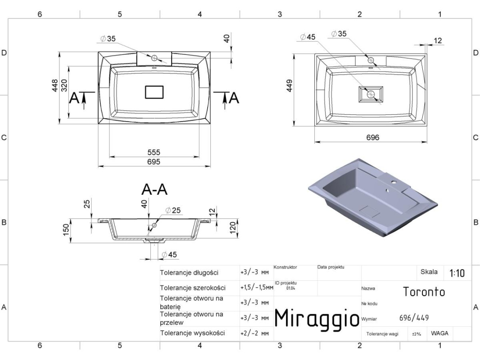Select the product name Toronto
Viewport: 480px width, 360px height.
(x=424, y=292)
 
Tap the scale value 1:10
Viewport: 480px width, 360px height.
(x=457, y=273)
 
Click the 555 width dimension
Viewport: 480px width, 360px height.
(x=154, y=152)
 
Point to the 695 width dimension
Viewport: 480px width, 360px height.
(x=154, y=162)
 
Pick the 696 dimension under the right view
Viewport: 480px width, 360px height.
(x=373, y=138)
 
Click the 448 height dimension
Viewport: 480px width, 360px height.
(x=55, y=85)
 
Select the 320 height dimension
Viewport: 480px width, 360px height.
(x=64, y=85)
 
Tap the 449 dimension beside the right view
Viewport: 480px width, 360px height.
(x=289, y=85)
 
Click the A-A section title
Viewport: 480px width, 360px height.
(x=154, y=189)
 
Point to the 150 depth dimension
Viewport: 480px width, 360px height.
(x=66, y=230)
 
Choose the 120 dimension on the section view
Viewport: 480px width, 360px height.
(x=233, y=228)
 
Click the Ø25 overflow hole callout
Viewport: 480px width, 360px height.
(x=173, y=211)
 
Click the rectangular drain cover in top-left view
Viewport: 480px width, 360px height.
(x=154, y=92)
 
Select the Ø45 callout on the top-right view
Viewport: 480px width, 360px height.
(x=308, y=37)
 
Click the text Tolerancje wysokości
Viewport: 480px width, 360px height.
(x=193, y=333)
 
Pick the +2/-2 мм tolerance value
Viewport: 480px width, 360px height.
(x=254, y=333)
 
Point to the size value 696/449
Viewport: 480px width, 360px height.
(x=414, y=318)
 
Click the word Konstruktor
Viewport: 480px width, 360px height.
(x=285, y=267)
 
